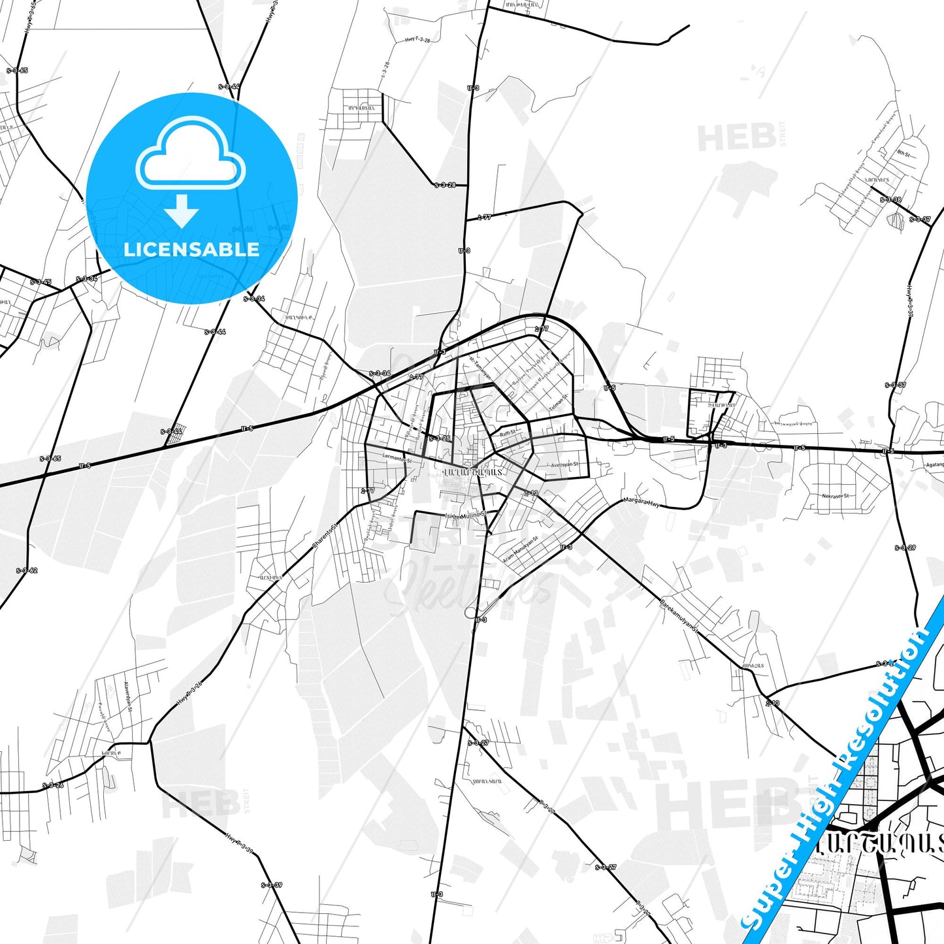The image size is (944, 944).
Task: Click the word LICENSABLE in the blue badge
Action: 191,250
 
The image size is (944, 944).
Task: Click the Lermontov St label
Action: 397,459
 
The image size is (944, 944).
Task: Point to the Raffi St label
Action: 508,432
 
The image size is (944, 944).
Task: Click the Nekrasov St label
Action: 836,496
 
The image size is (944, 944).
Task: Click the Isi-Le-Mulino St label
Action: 466,515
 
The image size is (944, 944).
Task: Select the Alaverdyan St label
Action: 128,697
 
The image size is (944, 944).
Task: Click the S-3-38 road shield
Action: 890,200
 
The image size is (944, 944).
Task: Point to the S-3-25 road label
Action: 439,438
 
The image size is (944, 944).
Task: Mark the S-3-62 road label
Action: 27,570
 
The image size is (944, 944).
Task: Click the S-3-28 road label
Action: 445,185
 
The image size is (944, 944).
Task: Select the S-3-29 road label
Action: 905,547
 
